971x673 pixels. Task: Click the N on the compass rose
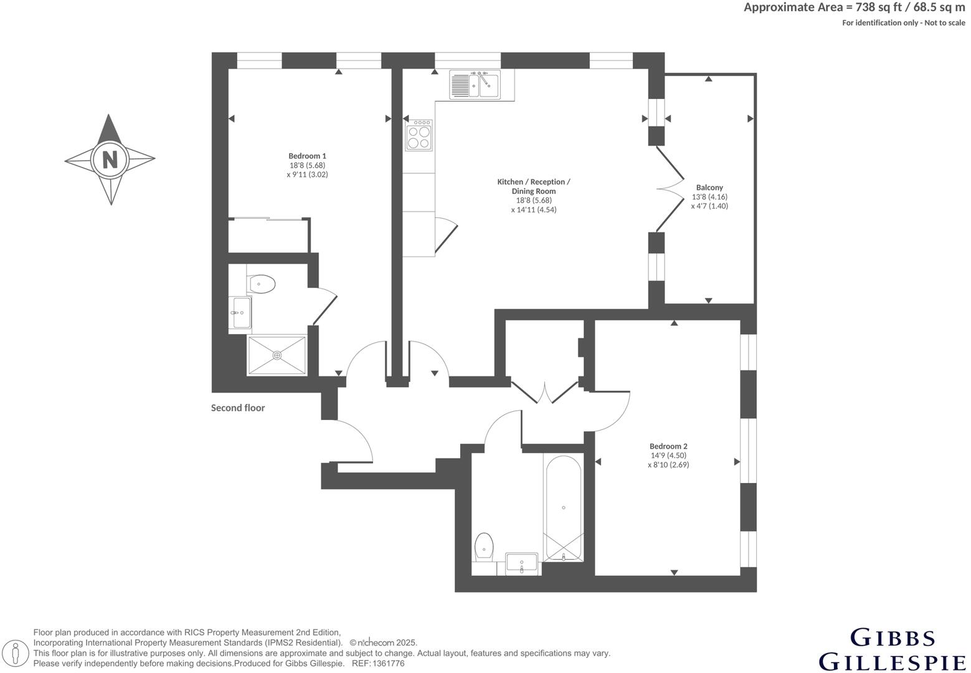tap(110, 160)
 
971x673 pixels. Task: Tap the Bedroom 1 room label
tap(307, 156)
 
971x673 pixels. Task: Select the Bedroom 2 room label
tap(668, 446)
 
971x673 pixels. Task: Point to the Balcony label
tap(709, 188)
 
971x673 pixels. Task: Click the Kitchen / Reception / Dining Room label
tap(533, 186)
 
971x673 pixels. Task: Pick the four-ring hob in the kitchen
tap(419, 136)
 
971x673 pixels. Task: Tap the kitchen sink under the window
tap(475, 85)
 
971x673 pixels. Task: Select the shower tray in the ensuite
tap(277, 355)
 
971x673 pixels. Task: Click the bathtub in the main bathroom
tap(563, 508)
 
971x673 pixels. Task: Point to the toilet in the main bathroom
tap(483, 547)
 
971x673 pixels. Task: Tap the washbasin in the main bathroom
tap(521, 563)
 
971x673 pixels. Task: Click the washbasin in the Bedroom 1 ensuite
tap(241, 312)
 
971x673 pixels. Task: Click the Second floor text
tap(238, 408)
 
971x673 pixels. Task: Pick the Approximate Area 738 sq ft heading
tap(854, 8)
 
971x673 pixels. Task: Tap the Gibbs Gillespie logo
tap(892, 649)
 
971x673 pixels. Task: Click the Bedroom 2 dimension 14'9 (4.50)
tap(668, 456)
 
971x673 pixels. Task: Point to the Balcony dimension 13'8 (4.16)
tap(709, 197)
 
